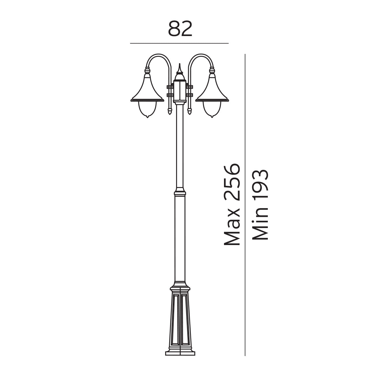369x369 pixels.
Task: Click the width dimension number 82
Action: [180, 29]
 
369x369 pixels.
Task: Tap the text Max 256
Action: [232, 204]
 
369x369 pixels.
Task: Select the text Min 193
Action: [261, 204]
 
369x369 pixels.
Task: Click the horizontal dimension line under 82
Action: [179, 43]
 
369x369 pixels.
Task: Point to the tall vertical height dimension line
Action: [245, 202]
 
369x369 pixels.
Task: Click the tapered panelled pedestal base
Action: [180, 320]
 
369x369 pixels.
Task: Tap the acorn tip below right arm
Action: [190, 110]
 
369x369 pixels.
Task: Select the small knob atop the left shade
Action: [147, 70]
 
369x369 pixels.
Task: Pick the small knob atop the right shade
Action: [212, 70]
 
